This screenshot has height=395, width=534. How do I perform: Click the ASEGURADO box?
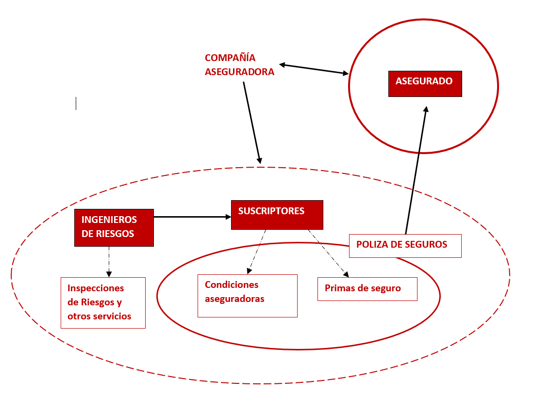pos(425,84)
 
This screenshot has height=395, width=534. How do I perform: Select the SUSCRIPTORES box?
pos(277,215)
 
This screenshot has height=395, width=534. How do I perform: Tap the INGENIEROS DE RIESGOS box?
pos(114,228)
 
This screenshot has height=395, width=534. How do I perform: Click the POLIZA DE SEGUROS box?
pos(405,246)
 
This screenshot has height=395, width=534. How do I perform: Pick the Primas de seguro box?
pos(367,289)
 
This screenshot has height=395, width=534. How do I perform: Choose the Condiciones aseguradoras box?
pos(248,296)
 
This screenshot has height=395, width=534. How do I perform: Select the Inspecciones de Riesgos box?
pos(103,303)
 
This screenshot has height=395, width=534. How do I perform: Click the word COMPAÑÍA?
pos(230,58)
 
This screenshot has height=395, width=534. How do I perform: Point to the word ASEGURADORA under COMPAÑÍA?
pos(239,72)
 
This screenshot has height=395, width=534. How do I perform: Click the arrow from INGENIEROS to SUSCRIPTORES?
pos(192,217)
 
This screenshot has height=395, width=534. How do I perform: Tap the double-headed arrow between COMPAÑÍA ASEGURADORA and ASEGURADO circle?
pos(314,69)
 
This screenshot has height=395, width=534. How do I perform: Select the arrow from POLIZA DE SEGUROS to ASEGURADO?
pos(416,170)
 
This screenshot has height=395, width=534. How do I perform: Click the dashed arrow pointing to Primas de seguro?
pos(328,253)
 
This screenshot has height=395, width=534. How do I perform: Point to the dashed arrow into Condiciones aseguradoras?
pos(256,252)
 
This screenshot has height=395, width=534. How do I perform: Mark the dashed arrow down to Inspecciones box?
pos(109,262)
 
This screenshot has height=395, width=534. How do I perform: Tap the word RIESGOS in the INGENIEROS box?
pos(115,234)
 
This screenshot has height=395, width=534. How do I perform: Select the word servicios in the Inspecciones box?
pos(114,316)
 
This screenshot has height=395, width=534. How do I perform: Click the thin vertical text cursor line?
pos(76,103)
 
